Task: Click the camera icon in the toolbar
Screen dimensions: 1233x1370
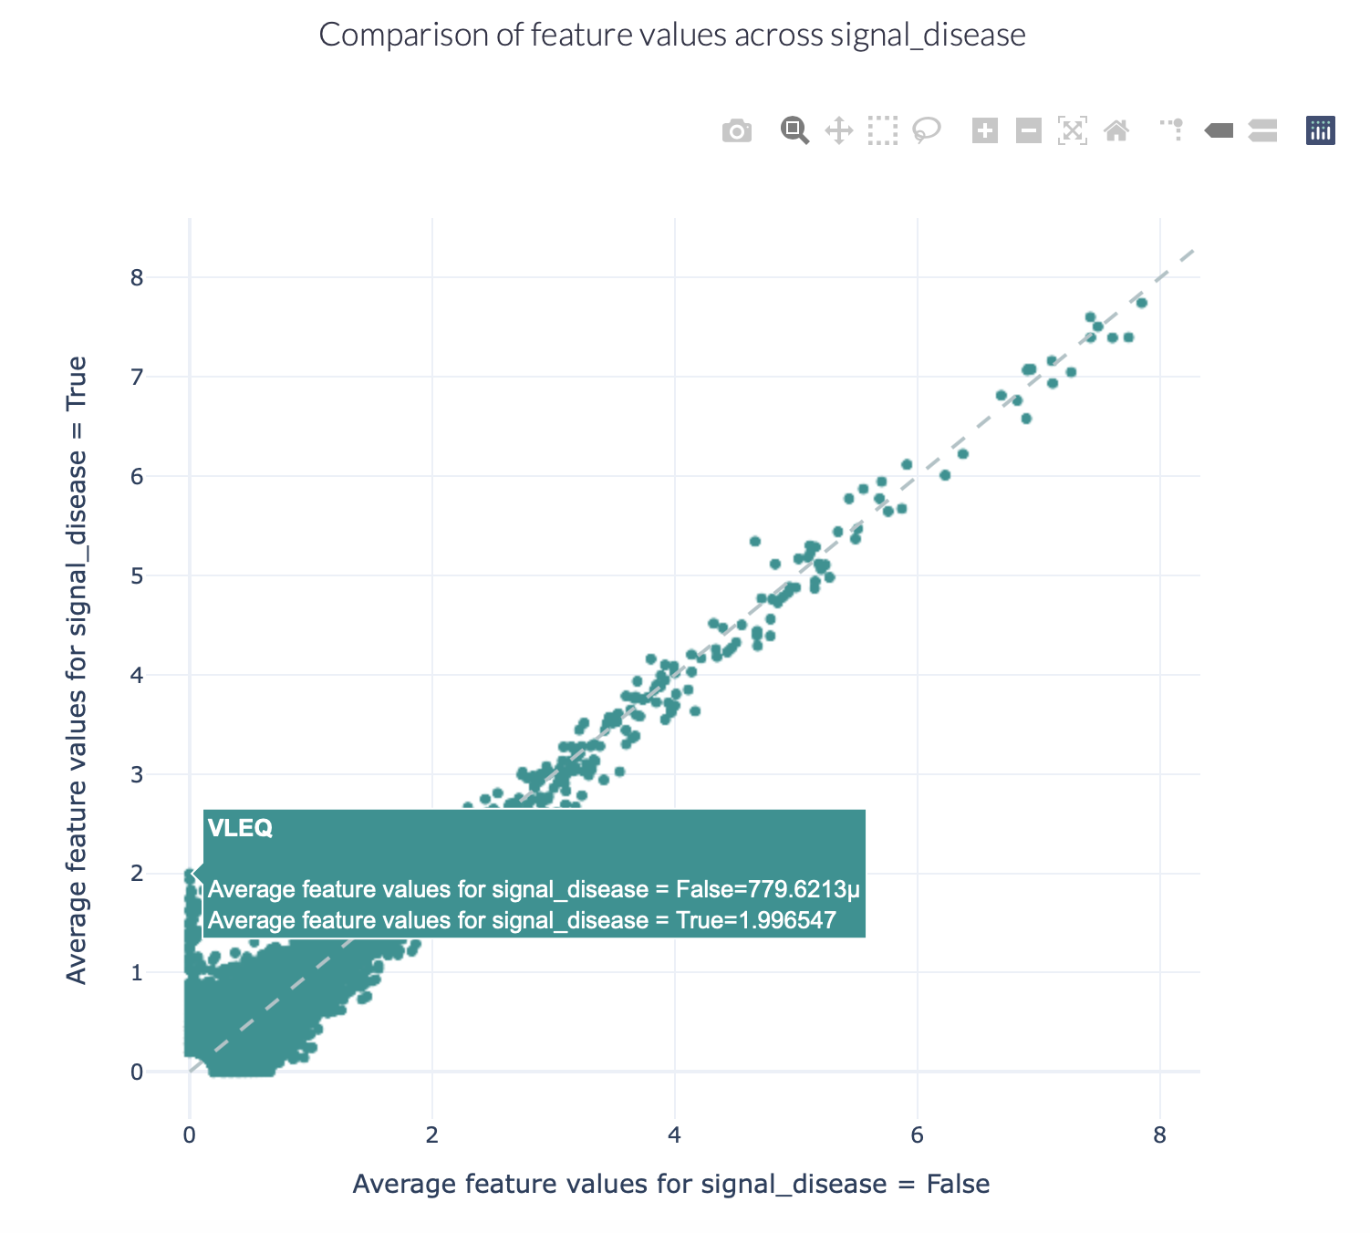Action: [x=736, y=131]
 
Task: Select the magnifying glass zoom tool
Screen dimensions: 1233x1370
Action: [x=794, y=131]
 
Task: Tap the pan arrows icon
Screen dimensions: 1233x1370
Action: [x=838, y=131]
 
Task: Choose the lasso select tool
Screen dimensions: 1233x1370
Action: [x=927, y=131]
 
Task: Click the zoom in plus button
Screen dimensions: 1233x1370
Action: [x=984, y=131]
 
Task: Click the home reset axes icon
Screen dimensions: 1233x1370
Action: [x=1116, y=131]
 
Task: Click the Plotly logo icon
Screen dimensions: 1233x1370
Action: [x=1320, y=131]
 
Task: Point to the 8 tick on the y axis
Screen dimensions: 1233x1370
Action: [x=137, y=277]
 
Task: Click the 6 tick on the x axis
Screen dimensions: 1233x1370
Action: [x=917, y=1135]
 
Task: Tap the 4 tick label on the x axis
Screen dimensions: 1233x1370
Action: [x=674, y=1135]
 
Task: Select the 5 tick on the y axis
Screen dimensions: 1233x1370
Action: [x=137, y=575]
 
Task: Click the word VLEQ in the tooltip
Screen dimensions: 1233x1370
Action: [x=240, y=828]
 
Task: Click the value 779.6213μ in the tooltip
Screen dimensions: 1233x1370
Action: [x=804, y=889]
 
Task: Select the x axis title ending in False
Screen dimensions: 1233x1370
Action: [x=670, y=1184]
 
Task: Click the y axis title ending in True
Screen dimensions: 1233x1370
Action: [x=77, y=670]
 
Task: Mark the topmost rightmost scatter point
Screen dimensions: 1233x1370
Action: [x=1141, y=303]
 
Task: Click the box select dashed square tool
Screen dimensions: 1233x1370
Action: [x=882, y=131]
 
